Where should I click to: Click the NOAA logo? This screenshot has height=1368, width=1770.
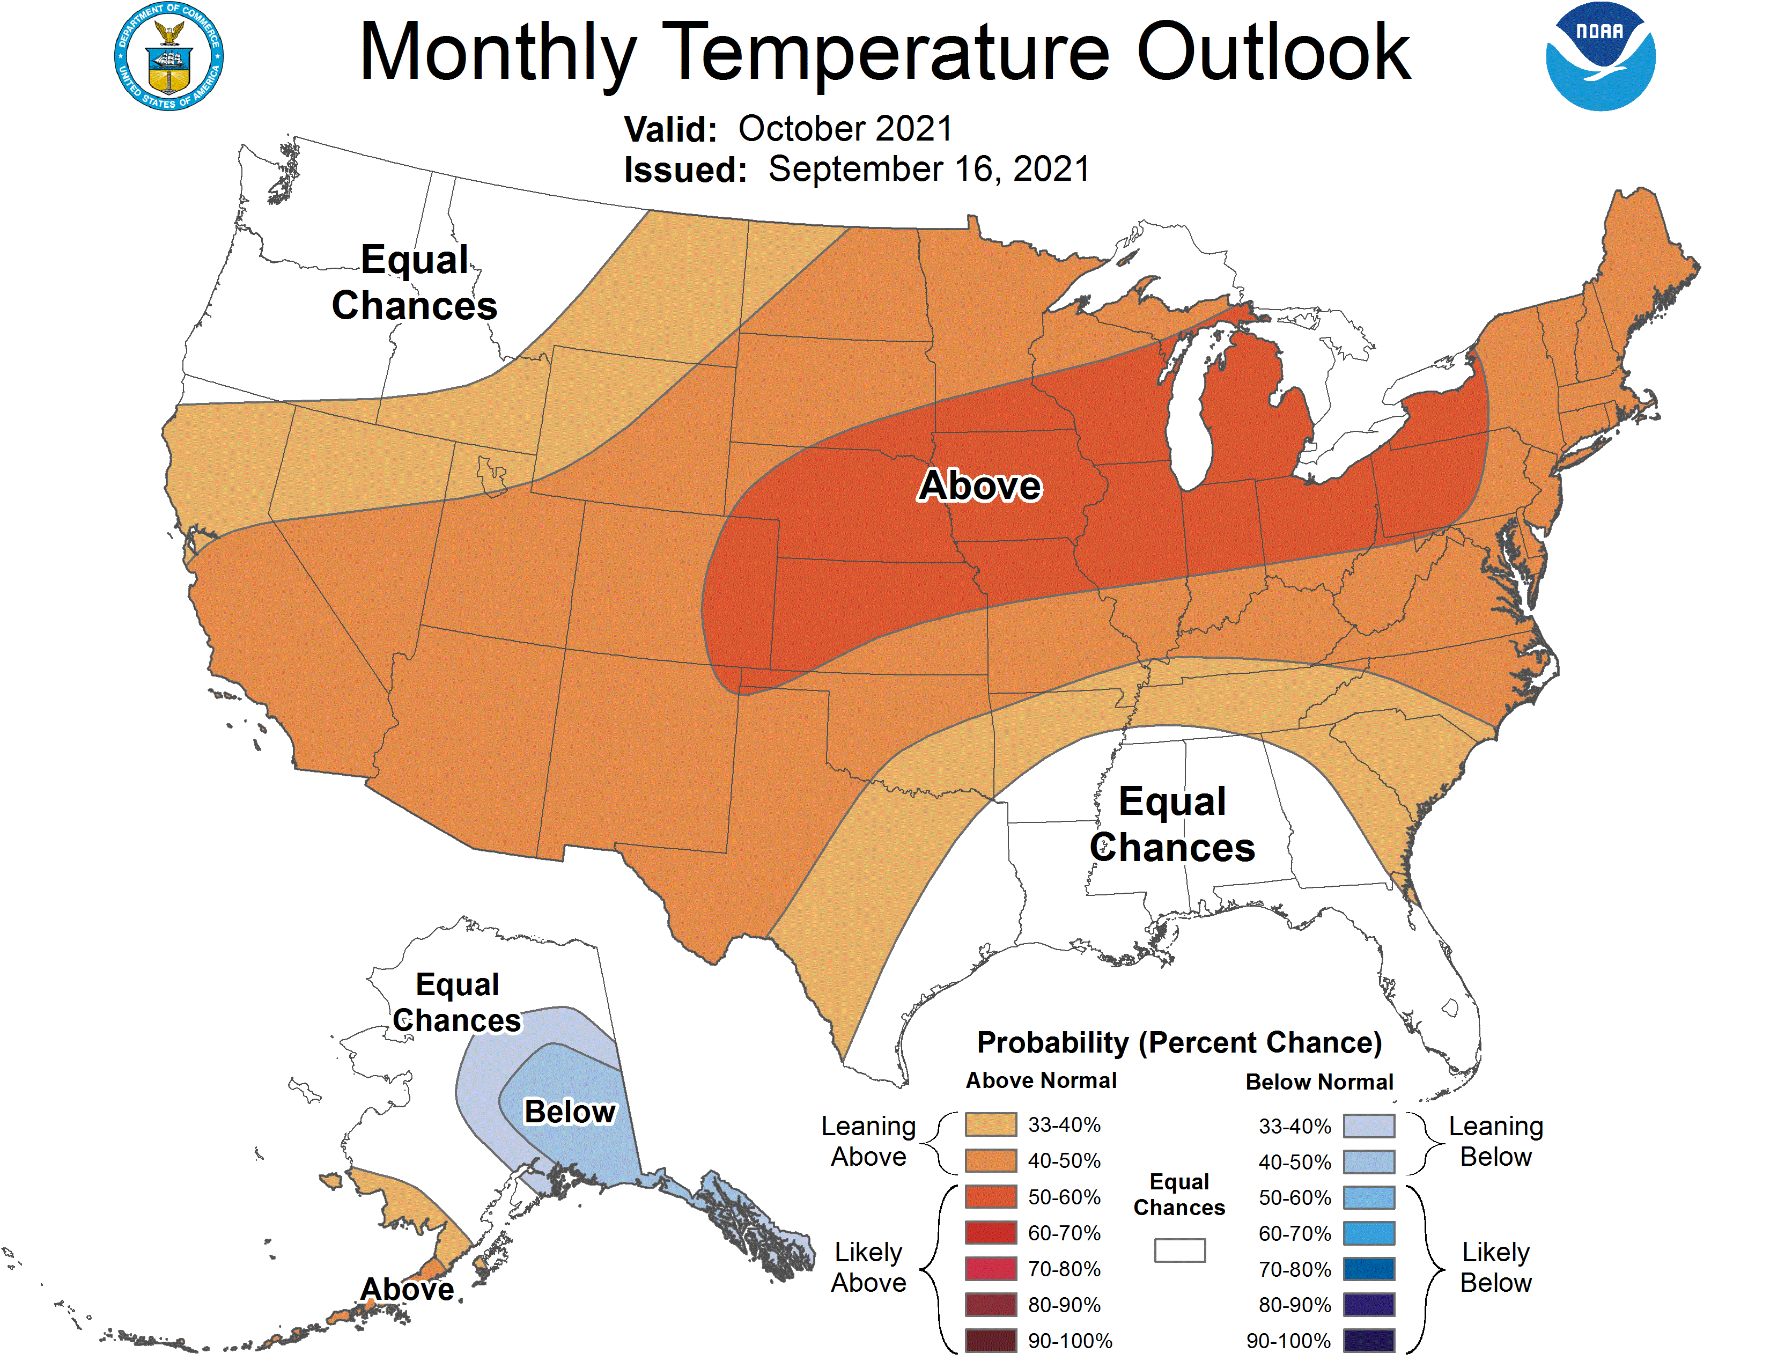(x=1600, y=57)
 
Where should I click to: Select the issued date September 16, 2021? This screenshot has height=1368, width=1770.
(x=929, y=170)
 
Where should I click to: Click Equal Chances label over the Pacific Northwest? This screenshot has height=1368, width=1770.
(x=414, y=283)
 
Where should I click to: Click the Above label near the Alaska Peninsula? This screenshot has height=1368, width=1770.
(x=407, y=1289)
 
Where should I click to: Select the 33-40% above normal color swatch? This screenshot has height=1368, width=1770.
(x=990, y=1125)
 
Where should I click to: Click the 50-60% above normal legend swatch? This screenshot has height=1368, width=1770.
(x=990, y=1197)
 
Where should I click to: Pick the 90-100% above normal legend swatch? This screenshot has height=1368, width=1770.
(x=990, y=1341)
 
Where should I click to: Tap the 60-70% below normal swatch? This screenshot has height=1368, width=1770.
(x=1369, y=1233)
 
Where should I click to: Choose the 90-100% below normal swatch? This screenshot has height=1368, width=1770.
(x=1369, y=1341)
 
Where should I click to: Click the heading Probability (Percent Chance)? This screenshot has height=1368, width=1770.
(x=1179, y=1043)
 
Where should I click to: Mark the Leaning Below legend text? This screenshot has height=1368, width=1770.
(x=1495, y=1141)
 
